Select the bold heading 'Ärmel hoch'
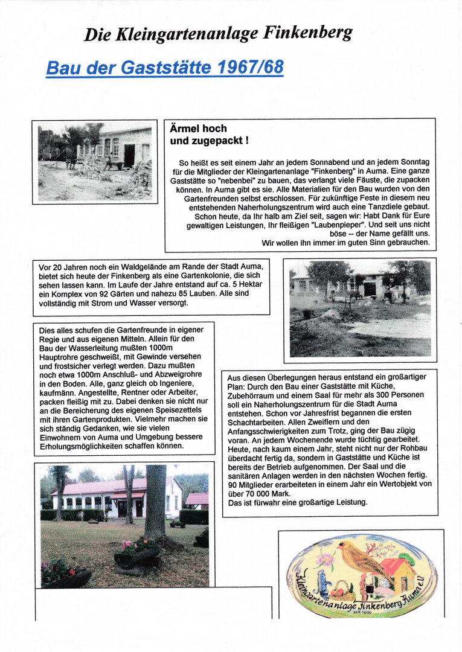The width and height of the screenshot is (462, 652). [199, 129]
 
